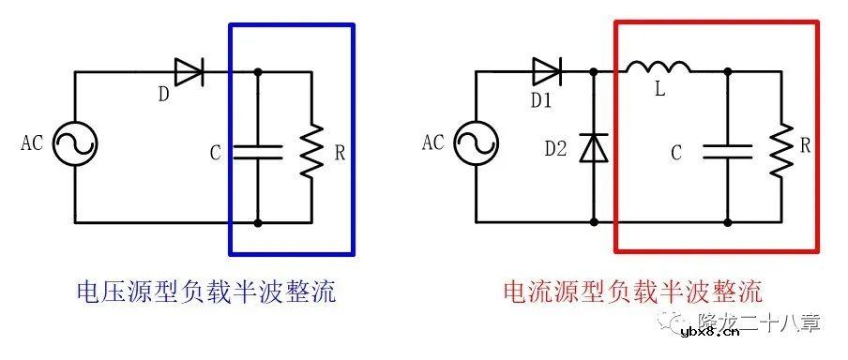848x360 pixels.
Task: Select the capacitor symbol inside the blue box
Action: (258, 151)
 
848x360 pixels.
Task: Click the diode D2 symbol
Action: (593, 147)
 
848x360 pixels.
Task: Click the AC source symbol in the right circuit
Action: (476, 145)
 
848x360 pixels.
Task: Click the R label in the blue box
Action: (339, 151)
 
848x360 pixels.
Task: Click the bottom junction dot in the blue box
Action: (258, 223)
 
